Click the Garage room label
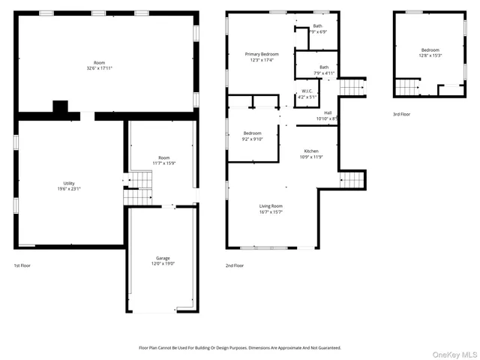click(163, 258)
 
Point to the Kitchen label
click(310, 151)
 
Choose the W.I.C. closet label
click(307, 91)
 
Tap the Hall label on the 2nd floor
click(328, 112)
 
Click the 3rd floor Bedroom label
click(430, 49)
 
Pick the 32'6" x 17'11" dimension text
click(100, 68)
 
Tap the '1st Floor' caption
click(22, 265)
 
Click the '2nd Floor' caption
click(234, 265)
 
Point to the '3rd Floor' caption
click(401, 114)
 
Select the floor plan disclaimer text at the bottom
click(240, 348)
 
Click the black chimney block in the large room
click(60, 107)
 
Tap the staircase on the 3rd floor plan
click(406, 89)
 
